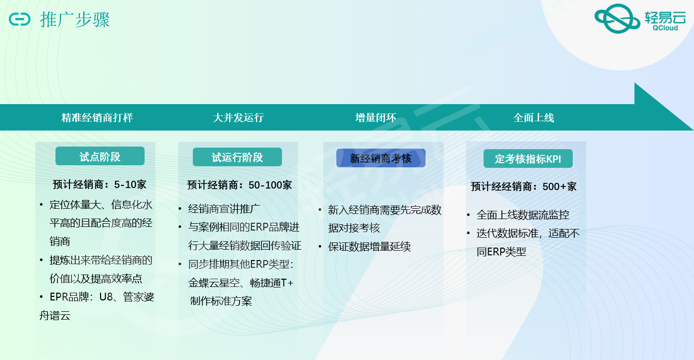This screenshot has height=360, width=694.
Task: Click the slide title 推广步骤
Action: tap(75, 20)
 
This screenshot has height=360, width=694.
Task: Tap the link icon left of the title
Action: tap(20, 19)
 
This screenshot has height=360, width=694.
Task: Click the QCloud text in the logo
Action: tap(665, 28)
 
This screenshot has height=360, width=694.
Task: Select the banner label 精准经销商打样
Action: tap(97, 118)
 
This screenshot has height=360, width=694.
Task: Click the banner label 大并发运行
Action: tap(238, 118)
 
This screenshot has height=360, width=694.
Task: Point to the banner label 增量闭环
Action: tap(375, 118)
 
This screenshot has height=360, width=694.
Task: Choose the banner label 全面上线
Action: tap(533, 118)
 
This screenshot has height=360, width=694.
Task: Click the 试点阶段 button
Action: tap(100, 156)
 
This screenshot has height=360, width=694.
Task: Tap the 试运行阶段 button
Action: tap(237, 157)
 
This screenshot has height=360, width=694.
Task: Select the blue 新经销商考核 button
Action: tap(381, 158)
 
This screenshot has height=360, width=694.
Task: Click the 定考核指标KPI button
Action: tap(528, 159)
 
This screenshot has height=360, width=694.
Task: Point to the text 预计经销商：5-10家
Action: tap(100, 185)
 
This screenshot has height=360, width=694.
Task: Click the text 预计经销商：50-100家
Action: tap(239, 185)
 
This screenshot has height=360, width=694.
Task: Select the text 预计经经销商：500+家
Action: tap(523, 186)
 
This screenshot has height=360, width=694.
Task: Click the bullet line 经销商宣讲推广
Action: tap(224, 209)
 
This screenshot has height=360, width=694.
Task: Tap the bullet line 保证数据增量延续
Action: tap(370, 247)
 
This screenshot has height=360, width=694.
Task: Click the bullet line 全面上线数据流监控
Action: tap(522, 215)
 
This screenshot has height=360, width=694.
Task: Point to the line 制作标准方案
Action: tap(221, 301)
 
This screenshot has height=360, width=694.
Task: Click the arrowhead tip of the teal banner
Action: tap(693, 130)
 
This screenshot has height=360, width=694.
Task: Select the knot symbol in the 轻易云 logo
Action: tap(617, 19)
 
